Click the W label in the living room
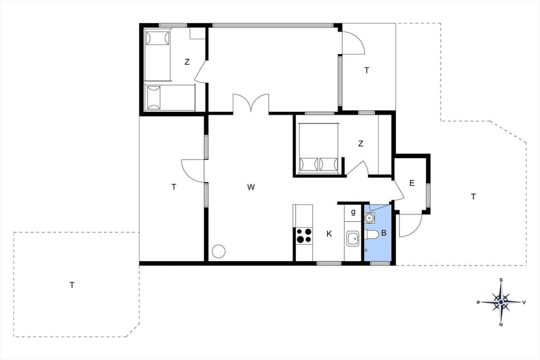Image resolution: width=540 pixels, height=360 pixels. pyautogui.click(x=251, y=187)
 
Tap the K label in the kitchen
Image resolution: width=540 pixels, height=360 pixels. pyautogui.click(x=329, y=234)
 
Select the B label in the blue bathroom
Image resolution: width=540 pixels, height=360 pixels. pyautogui.click(x=384, y=233)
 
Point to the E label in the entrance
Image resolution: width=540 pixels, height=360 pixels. pyautogui.click(x=412, y=183)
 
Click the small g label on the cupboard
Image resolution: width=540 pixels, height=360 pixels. pyautogui.click(x=353, y=212)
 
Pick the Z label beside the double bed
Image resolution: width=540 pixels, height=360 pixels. pyautogui.click(x=361, y=143)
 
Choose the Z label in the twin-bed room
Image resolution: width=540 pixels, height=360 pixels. pyautogui.click(x=187, y=62)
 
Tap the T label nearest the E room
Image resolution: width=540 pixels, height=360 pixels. pyautogui.click(x=473, y=196)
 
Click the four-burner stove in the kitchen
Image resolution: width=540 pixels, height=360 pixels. pyautogui.click(x=304, y=235)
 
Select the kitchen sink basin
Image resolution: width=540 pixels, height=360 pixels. pyautogui.click(x=353, y=238)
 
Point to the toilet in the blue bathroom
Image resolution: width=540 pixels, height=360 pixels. pyautogui.click(x=372, y=233)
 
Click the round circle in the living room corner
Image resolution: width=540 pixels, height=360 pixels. pyautogui.click(x=218, y=251)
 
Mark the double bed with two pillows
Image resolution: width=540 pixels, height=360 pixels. pyautogui.click(x=318, y=148)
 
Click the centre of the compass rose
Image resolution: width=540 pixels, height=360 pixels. pyautogui.click(x=501, y=302)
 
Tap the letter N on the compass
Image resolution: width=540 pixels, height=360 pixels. pyautogui.click(x=501, y=324)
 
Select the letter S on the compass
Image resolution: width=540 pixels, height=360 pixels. pyautogui.click(x=501, y=280)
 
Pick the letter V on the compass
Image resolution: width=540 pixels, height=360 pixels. pyautogui.click(x=524, y=302)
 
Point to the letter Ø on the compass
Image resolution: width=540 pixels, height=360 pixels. pyautogui.click(x=478, y=303)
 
